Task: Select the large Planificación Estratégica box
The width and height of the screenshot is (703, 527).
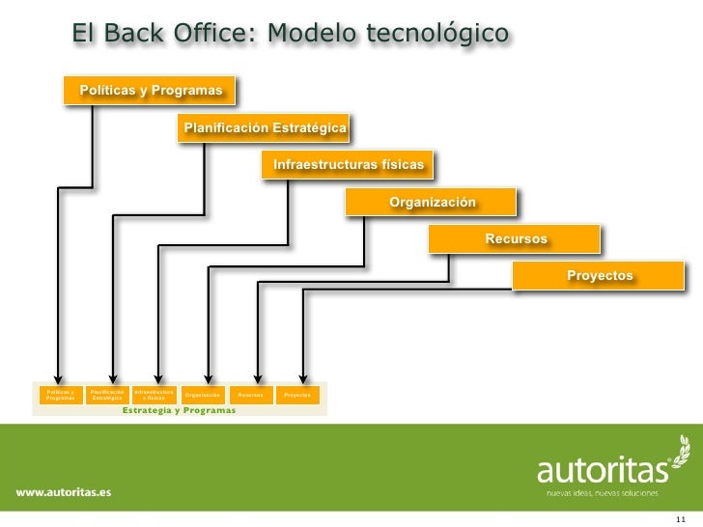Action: (x=264, y=127)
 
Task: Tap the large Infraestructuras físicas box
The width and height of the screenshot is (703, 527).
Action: (x=348, y=165)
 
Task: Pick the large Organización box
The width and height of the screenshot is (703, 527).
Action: (x=432, y=202)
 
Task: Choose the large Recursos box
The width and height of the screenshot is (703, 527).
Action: (x=516, y=238)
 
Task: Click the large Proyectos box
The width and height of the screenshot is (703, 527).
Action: (x=600, y=276)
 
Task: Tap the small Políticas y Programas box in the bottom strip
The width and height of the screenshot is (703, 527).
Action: (x=60, y=395)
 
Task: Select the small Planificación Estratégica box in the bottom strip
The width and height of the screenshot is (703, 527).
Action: (x=107, y=395)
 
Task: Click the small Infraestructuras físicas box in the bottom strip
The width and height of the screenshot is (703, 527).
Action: (x=155, y=395)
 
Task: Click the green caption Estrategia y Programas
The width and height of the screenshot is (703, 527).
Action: (x=179, y=410)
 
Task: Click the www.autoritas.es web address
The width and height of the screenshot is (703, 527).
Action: (x=63, y=491)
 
